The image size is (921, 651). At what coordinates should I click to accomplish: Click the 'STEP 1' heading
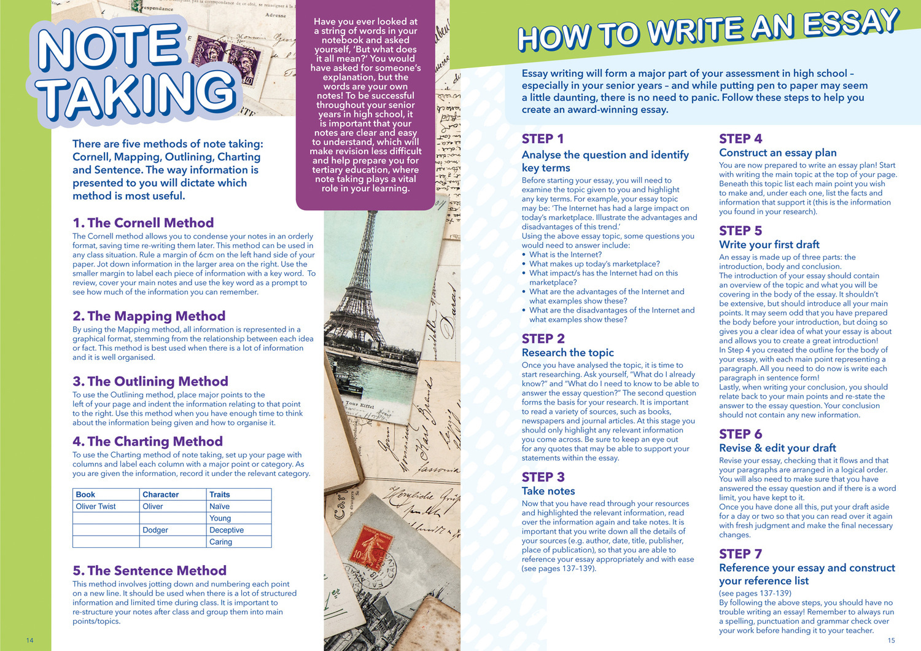[x=542, y=139]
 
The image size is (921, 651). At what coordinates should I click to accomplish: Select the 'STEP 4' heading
[x=740, y=139]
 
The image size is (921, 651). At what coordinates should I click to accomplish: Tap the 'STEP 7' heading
[x=740, y=554]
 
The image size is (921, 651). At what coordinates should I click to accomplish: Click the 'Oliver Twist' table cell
[x=96, y=507]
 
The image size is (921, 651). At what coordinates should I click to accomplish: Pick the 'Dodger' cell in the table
[x=155, y=530]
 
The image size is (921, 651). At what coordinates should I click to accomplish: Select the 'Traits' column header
[x=220, y=494]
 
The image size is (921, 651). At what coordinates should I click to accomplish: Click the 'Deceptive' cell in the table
[x=227, y=530]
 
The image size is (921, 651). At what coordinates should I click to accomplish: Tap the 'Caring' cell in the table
[x=220, y=542]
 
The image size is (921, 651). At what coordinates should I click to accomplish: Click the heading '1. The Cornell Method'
[x=143, y=223]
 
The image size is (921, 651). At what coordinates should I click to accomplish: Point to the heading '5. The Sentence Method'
[x=149, y=571]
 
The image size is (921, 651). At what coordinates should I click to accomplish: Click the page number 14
[x=29, y=640]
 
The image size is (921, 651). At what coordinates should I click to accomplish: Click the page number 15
[x=891, y=640]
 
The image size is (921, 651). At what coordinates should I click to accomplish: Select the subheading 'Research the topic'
[x=567, y=353]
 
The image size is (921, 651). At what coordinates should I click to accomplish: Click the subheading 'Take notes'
[x=548, y=491]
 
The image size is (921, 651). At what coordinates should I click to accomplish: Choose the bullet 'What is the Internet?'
[x=565, y=254]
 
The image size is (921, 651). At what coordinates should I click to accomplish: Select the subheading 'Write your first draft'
[x=769, y=244]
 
